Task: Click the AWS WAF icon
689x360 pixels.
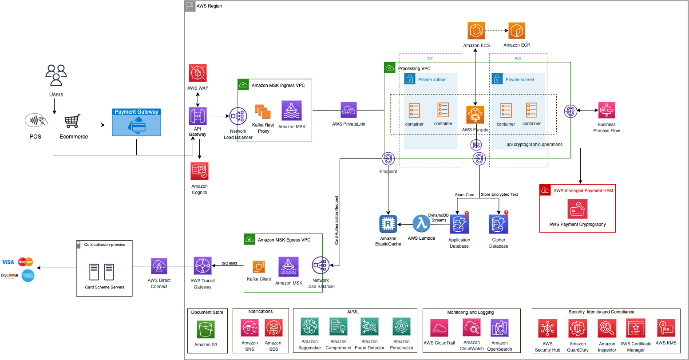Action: pyautogui.click(x=198, y=73)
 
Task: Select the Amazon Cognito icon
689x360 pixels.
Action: pyautogui.click(x=200, y=171)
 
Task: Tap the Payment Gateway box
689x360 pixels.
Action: pyautogui.click(x=137, y=122)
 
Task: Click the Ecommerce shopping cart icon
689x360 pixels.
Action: pyautogui.click(x=73, y=121)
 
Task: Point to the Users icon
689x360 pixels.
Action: pyautogui.click(x=56, y=75)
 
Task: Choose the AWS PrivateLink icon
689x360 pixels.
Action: pyautogui.click(x=348, y=110)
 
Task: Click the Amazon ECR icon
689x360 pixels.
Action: pyautogui.click(x=517, y=31)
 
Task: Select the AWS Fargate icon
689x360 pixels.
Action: pyautogui.click(x=475, y=115)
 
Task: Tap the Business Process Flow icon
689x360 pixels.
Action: pyautogui.click(x=606, y=110)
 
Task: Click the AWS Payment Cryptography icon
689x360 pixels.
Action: pyautogui.click(x=578, y=209)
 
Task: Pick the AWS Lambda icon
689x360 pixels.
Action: pyautogui.click(x=421, y=224)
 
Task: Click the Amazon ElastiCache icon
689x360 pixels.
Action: pyautogui.click(x=388, y=224)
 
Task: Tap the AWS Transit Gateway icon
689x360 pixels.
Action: pyautogui.click(x=203, y=265)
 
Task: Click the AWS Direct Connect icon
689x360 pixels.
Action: pyautogui.click(x=159, y=266)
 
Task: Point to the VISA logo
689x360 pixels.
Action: pyautogui.click(x=8, y=262)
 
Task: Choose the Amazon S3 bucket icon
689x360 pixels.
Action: pyautogui.click(x=206, y=329)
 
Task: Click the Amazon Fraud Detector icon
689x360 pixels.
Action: pyautogui.click(x=369, y=327)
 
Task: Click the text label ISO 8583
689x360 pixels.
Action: pyautogui.click(x=230, y=264)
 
